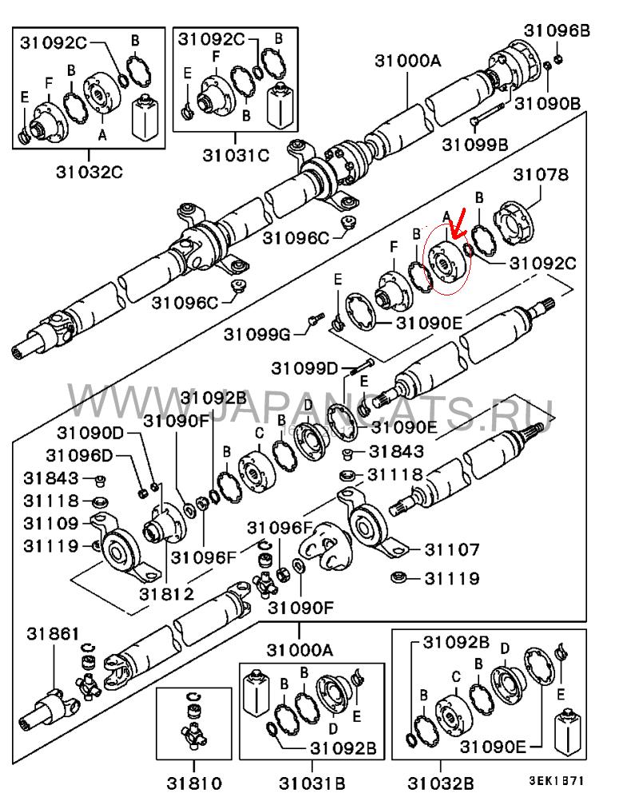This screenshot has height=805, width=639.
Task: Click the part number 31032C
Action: [89, 172]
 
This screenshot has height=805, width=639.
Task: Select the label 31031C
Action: [236, 155]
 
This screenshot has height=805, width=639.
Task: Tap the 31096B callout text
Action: [557, 30]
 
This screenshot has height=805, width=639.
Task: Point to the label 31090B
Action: [548, 103]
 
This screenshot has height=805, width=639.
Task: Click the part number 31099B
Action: [474, 145]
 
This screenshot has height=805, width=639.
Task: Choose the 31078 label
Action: [541, 175]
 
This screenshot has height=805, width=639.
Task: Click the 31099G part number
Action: [257, 335]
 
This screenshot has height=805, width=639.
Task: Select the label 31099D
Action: [304, 368]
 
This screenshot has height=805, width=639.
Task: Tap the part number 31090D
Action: [90, 433]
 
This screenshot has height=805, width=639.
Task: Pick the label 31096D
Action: [79, 455]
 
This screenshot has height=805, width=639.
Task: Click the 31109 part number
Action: [51, 523]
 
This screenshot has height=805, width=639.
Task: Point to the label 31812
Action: [166, 594]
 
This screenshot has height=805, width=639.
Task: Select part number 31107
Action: [452, 549]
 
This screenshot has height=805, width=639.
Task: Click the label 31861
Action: [53, 634]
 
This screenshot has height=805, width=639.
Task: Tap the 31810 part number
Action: [194, 783]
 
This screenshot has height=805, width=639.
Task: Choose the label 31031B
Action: [312, 783]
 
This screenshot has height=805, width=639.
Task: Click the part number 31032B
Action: [440, 783]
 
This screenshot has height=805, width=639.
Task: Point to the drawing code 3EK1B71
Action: [556, 780]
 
